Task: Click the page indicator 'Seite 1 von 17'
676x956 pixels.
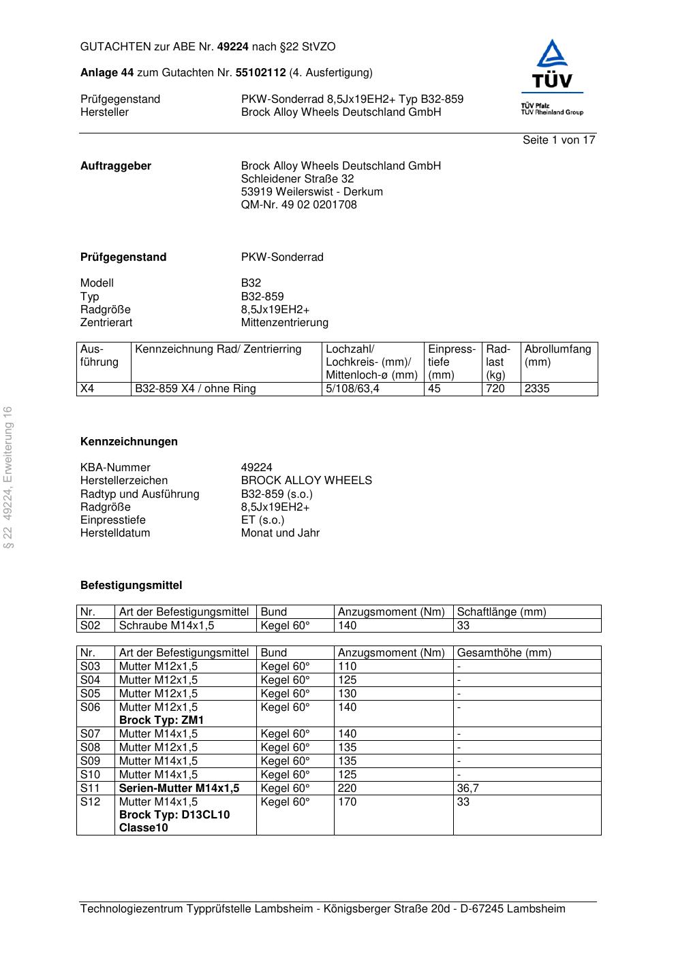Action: coord(559,140)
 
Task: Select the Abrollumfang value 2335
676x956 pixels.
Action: coord(537,389)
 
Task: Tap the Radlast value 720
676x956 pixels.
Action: coord(495,389)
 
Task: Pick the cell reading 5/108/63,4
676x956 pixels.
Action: coord(352,389)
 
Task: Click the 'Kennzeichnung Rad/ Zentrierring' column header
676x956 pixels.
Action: coord(218,349)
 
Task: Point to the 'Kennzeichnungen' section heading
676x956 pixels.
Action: coord(129,442)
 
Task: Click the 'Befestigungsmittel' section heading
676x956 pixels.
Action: coord(131,586)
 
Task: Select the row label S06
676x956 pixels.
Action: coord(90,707)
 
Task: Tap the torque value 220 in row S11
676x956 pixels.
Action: coord(347,788)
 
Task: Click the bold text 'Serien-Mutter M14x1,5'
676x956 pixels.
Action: coord(179,788)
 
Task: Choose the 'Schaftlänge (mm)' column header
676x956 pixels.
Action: coord(502,612)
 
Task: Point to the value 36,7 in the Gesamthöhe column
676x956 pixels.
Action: coord(468,788)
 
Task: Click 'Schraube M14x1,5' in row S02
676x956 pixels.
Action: coord(166,626)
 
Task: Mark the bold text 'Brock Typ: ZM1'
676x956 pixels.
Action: coord(162,720)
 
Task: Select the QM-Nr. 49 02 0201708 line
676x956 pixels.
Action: coord(298,205)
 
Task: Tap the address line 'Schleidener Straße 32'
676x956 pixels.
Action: coord(297,179)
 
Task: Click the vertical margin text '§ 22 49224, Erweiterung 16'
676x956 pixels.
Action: coord(8,477)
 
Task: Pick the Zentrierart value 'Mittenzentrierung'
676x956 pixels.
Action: coord(284,323)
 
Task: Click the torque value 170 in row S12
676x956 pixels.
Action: coord(347,802)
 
